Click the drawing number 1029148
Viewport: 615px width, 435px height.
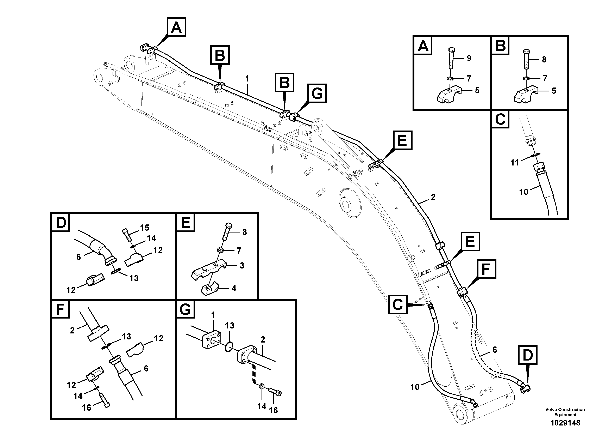tap(565, 423)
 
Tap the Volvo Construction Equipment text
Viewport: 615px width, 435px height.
tap(565, 412)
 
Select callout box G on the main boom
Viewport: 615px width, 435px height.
tap(317, 93)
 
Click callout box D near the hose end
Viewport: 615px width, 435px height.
tap(527, 355)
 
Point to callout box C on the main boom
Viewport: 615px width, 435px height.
tap(398, 305)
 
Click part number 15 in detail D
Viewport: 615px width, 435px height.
tap(144, 228)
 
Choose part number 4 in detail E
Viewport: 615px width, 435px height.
tap(234, 288)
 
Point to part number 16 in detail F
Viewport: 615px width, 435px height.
tap(87, 408)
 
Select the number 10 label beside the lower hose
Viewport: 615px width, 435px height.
tap(415, 387)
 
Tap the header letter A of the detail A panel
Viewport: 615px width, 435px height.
tap(423, 46)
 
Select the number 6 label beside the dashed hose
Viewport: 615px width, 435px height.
tap(495, 350)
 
